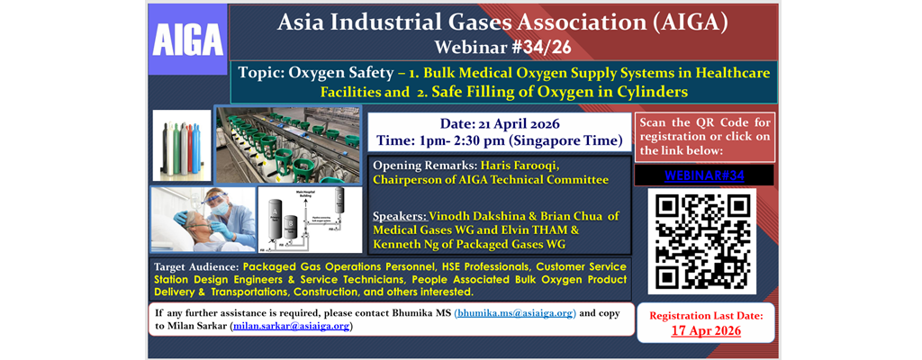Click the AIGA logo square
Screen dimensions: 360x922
(x=188, y=39)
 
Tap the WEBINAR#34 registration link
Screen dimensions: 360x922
(x=703, y=175)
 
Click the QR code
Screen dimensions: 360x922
(x=701, y=240)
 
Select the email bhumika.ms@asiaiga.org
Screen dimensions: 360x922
(x=514, y=313)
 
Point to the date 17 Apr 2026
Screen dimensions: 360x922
(x=706, y=330)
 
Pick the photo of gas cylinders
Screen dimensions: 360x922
(x=181, y=147)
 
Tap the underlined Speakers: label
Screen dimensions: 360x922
(x=402, y=216)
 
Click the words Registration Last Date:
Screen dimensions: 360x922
(x=706, y=315)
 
